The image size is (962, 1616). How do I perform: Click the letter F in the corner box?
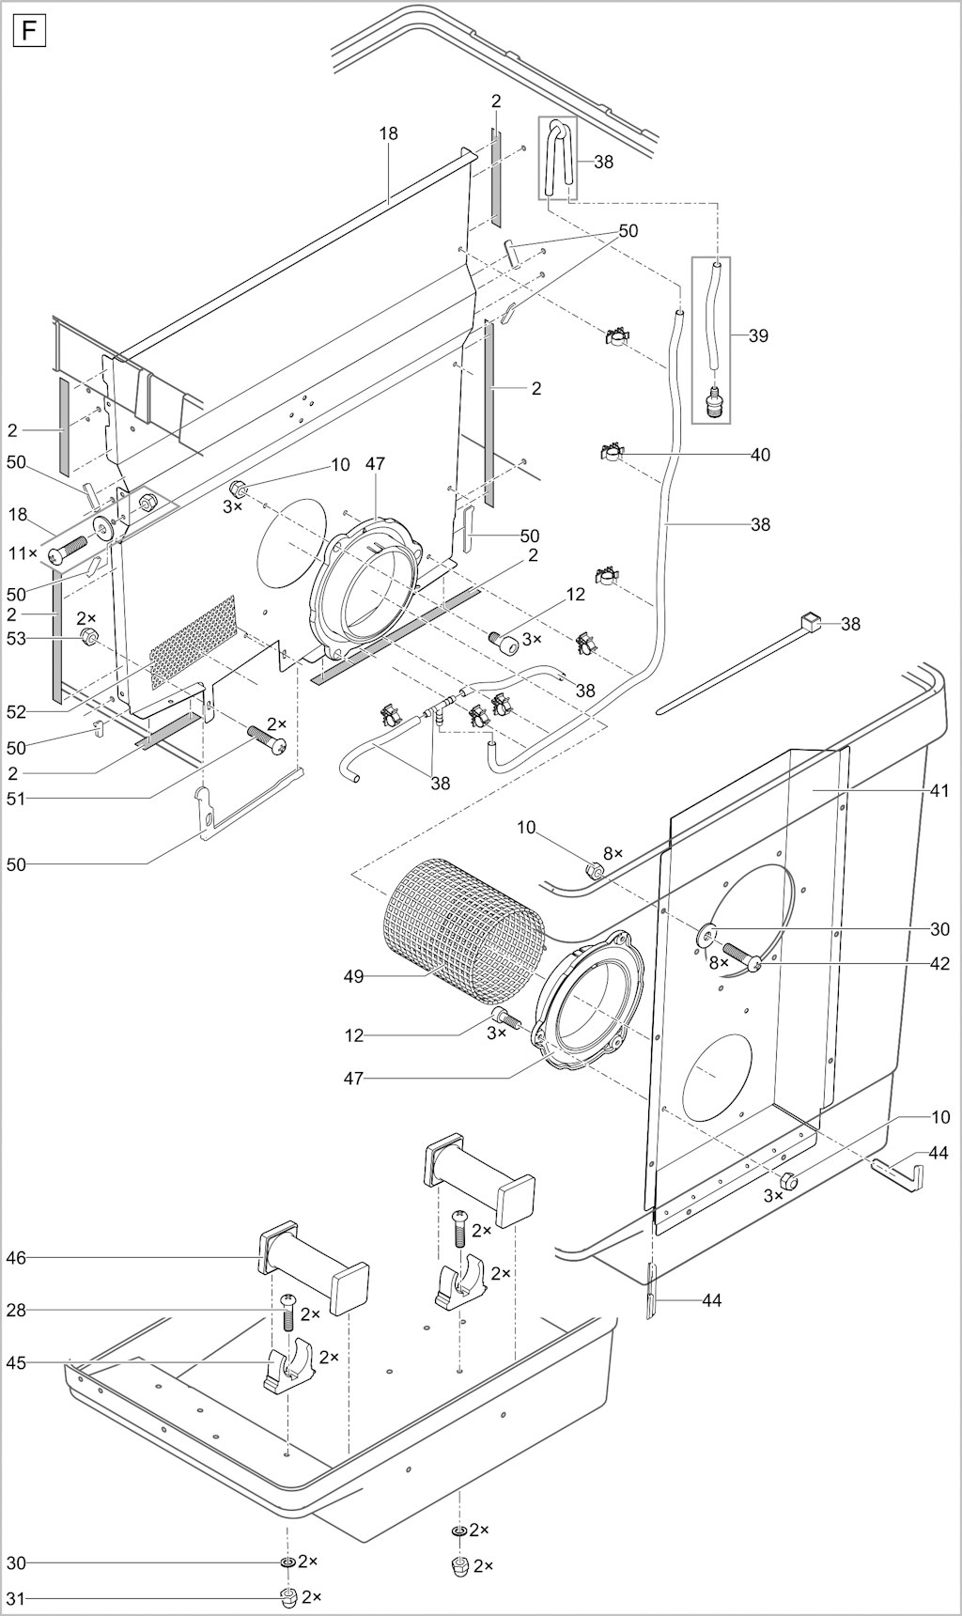point(29,33)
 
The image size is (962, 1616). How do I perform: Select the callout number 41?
point(939,791)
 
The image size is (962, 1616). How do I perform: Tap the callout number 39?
point(758,335)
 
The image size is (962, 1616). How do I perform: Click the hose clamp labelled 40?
point(614,454)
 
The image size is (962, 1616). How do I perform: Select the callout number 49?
point(353,977)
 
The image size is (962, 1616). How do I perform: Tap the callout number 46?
point(16,1257)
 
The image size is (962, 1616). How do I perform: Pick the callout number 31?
point(16,1598)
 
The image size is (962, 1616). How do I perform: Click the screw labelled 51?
point(267,742)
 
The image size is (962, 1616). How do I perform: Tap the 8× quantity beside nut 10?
point(613,853)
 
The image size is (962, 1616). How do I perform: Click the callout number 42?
point(939,964)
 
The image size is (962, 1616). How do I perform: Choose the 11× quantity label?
point(23,553)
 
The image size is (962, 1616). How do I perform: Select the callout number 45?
point(16,1363)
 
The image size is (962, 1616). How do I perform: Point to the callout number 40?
point(760,455)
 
